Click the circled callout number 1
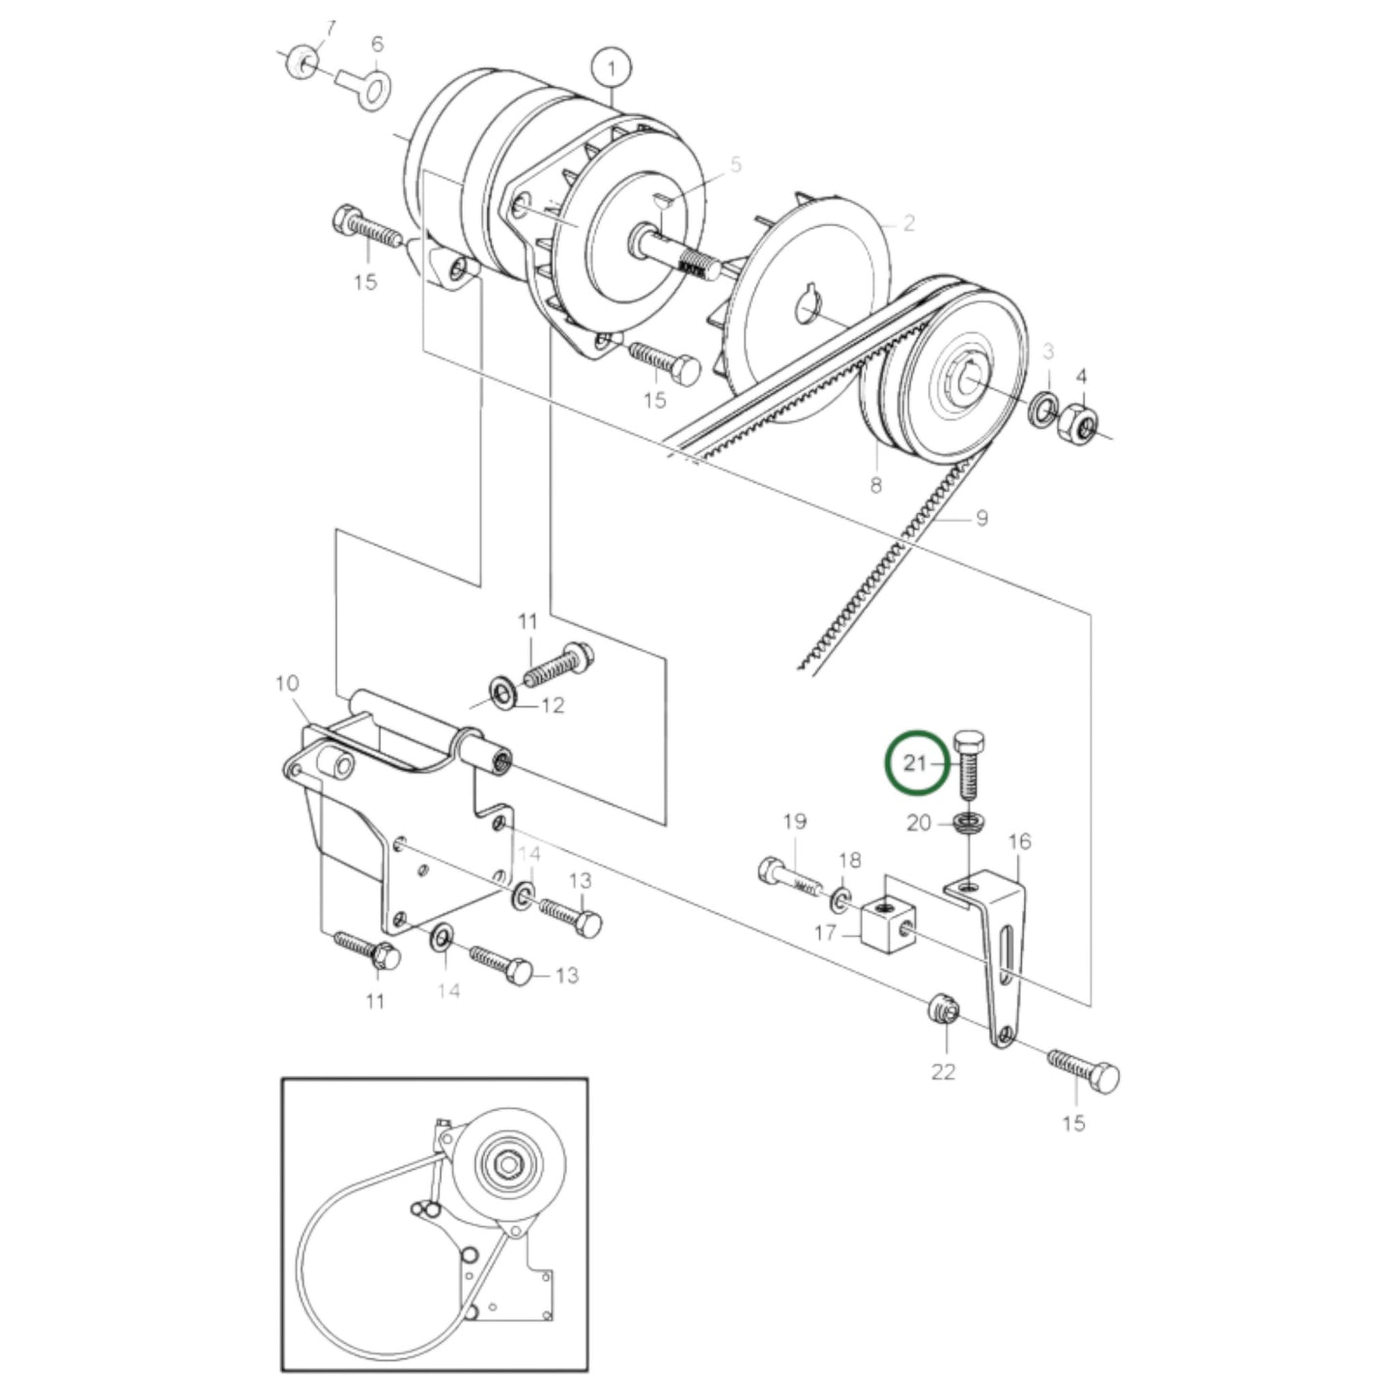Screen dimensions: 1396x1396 612,68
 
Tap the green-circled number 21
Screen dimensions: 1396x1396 914,763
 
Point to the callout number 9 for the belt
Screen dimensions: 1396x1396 982,519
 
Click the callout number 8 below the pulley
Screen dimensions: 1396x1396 875,485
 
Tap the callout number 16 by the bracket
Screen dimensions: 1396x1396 1019,841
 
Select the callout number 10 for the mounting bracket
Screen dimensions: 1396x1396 287,684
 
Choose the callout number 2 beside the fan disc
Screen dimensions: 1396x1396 909,223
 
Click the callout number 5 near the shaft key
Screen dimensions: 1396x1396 735,165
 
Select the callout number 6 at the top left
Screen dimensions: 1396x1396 377,43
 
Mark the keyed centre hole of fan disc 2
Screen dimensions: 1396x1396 809,309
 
